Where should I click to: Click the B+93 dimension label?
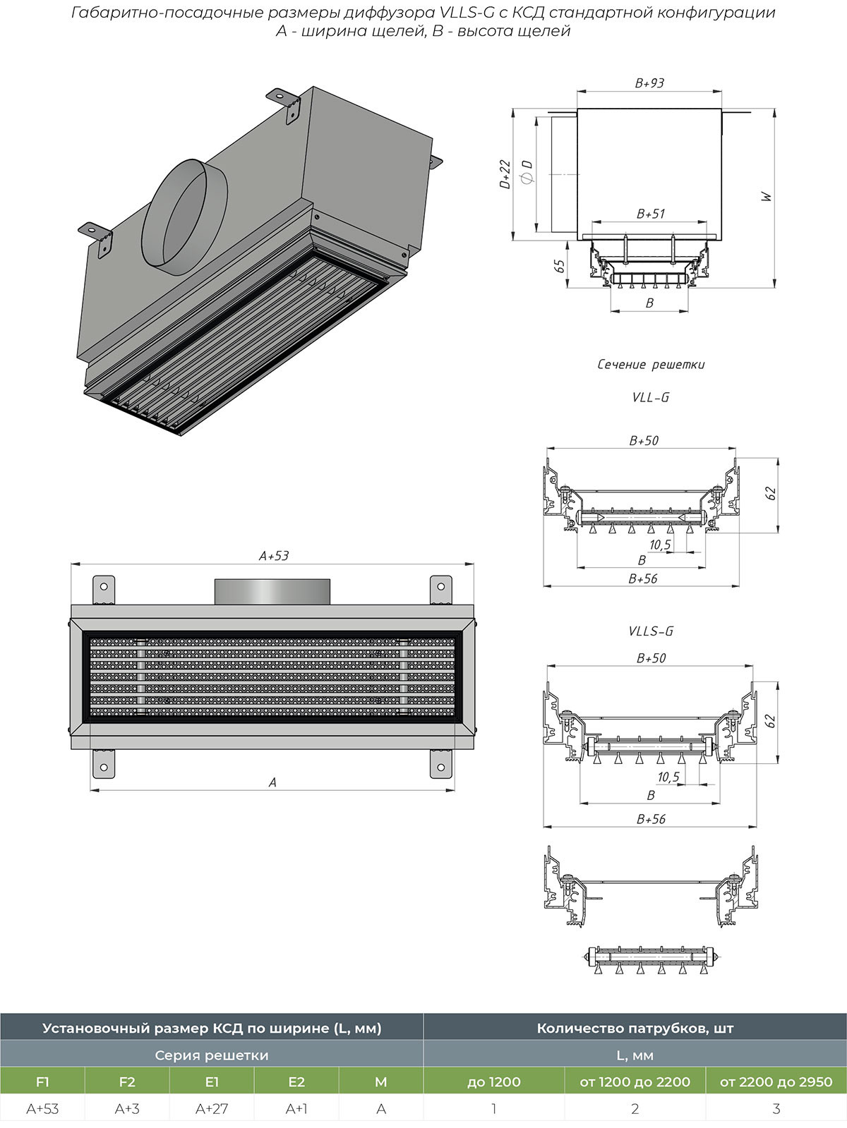649,83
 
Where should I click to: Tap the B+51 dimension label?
650,214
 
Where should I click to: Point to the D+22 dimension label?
506,174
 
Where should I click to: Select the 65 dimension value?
560,265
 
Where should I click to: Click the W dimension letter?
767,197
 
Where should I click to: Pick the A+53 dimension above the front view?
273,555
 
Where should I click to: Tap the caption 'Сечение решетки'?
651,364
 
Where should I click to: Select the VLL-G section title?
651,397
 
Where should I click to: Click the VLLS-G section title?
651,631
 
